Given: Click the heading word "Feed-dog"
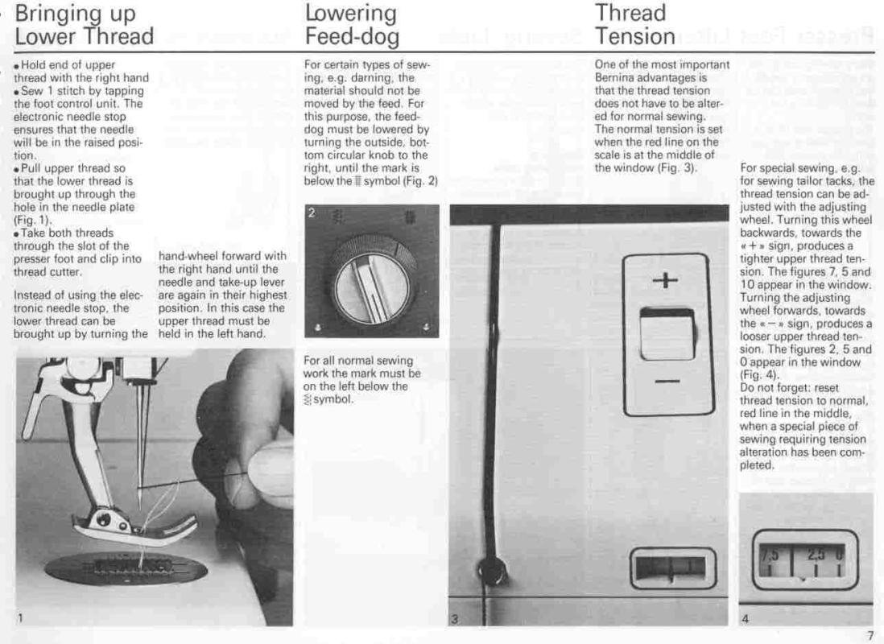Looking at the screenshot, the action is pyautogui.click(x=353, y=37).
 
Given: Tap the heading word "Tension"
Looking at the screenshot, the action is pyautogui.click(x=635, y=37).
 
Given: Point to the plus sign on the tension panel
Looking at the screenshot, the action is pyautogui.click(x=665, y=279).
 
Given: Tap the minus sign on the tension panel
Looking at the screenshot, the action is pyautogui.click(x=667, y=382).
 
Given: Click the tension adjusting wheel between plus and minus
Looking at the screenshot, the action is pyautogui.click(x=667, y=334).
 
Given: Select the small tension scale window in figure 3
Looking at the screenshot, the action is pyautogui.click(x=673, y=568).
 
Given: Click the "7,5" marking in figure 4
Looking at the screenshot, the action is pyautogui.click(x=770, y=555).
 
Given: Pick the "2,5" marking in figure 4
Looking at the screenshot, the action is pyautogui.click(x=816, y=555).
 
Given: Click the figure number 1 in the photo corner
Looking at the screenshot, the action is pyautogui.click(x=20, y=618).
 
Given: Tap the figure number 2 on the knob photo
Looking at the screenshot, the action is pyautogui.click(x=312, y=213).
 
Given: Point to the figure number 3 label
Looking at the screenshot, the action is pyautogui.click(x=455, y=619).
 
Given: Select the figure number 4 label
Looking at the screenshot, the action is pyautogui.click(x=745, y=619).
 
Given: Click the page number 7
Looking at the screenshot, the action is pyautogui.click(x=870, y=635).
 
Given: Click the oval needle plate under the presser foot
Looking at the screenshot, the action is pyautogui.click(x=126, y=567).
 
